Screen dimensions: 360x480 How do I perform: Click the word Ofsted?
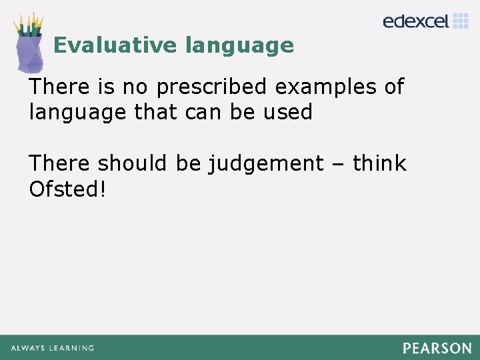pos(67,189)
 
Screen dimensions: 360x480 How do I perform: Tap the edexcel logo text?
pos(416,21)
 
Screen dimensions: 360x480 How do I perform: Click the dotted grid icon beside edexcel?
pos(461,21)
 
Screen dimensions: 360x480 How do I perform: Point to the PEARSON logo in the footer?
pos(437,348)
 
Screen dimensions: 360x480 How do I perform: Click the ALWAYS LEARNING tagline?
pos(52,348)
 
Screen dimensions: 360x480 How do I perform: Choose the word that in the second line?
pos(156,112)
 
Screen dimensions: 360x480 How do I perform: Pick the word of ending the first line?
pos(393,87)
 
